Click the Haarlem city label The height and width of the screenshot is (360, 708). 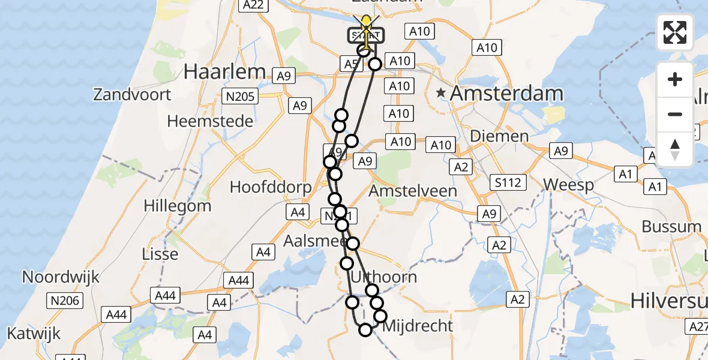tap(224, 71)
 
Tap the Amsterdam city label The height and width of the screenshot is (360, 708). tap(507, 94)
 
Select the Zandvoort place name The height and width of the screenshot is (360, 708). tap(132, 94)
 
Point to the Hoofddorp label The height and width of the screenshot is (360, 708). tap(271, 187)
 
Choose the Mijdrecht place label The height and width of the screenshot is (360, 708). tap(417, 326)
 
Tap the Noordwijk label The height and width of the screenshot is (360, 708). tap(61, 277)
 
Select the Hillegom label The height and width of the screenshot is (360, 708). tap(178, 206)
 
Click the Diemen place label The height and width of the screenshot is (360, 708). tap(499, 136)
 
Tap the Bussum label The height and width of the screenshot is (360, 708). tap(671, 227)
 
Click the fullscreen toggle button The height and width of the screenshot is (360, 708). tap(675, 32)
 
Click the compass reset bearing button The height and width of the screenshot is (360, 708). tap(675, 149)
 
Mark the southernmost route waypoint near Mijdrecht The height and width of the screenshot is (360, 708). tap(365, 329)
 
